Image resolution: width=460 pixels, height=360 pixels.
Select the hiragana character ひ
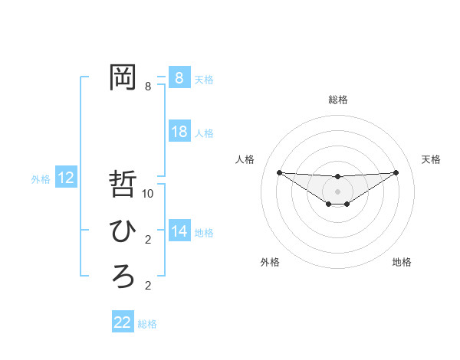pyautogui.click(x=123, y=231)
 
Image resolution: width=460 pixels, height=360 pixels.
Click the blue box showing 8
pyautogui.click(x=179, y=77)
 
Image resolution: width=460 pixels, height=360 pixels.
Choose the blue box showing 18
pyautogui.click(x=179, y=132)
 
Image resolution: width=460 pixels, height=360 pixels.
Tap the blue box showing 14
pyautogui.click(x=179, y=231)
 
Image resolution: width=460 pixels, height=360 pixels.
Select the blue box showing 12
pyautogui.click(x=65, y=178)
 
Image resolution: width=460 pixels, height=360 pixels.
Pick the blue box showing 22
pyautogui.click(x=123, y=322)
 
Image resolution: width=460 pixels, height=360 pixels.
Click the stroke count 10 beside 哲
pyautogui.click(x=148, y=194)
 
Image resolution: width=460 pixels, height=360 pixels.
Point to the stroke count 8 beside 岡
pyautogui.click(x=148, y=86)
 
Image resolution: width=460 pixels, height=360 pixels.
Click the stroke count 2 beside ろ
pyautogui.click(x=148, y=286)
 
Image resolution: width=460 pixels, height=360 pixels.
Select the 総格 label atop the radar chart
pyautogui.click(x=337, y=100)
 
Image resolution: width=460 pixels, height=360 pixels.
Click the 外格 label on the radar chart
pyautogui.click(x=270, y=263)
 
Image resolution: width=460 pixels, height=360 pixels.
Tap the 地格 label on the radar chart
pyautogui.click(x=402, y=263)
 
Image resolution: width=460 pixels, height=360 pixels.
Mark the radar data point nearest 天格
pyautogui.click(x=396, y=172)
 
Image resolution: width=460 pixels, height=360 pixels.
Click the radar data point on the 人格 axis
pyautogui.click(x=279, y=172)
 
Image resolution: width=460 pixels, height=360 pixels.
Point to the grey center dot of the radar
pyautogui.click(x=337, y=191)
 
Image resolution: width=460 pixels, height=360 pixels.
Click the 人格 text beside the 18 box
pyautogui.click(x=204, y=133)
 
